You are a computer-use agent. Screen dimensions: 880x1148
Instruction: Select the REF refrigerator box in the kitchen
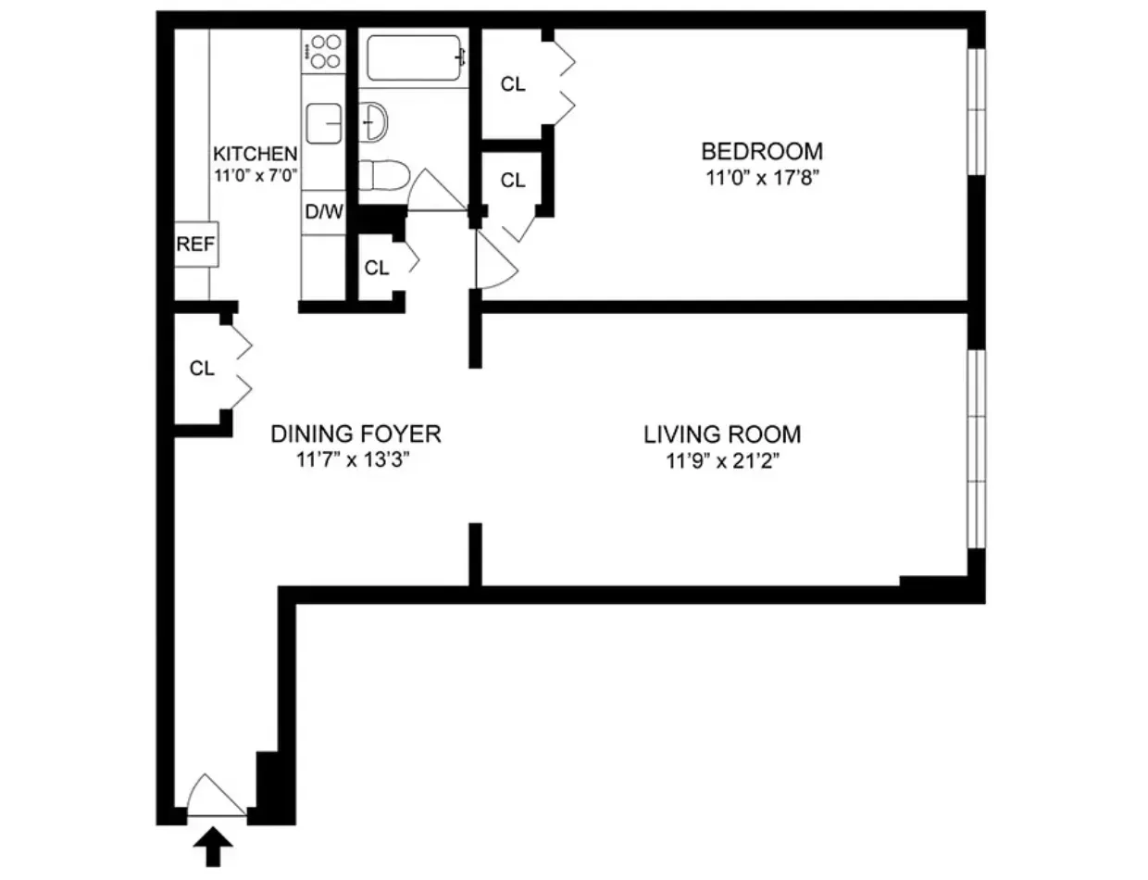tap(196, 245)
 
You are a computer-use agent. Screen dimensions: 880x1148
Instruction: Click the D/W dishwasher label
tap(324, 211)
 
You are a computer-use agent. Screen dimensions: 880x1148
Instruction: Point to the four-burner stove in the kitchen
tap(324, 51)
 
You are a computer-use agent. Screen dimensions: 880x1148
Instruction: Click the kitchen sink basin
tap(324, 123)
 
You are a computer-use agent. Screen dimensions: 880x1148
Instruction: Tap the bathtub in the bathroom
tap(414, 57)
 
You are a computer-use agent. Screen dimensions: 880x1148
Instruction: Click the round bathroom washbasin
tap(374, 120)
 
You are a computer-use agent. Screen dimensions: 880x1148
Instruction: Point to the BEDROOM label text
tap(761, 150)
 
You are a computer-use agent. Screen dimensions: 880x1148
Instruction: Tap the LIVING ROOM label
tap(722, 434)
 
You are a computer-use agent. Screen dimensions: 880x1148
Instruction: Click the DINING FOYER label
tap(356, 434)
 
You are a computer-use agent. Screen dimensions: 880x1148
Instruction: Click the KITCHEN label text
tap(256, 154)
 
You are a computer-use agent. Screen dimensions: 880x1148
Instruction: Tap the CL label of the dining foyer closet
tap(202, 369)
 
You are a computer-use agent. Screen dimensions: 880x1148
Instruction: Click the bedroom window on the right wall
tap(976, 111)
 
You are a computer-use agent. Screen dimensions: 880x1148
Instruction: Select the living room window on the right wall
tap(976, 448)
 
